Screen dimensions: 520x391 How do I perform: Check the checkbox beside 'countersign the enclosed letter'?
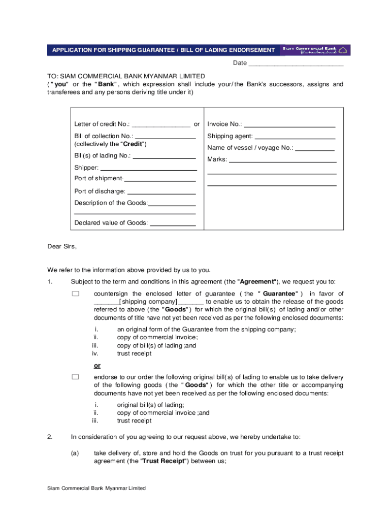pos(76,294)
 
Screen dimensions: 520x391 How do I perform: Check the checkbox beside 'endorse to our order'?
pos(76,377)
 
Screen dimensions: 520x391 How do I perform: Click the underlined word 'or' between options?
pos(97,366)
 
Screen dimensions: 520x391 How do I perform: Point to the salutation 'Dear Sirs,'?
pos(62,246)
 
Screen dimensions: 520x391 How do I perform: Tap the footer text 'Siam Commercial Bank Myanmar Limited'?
pos(96,488)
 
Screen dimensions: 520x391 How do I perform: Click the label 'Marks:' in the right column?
pos(217,159)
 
